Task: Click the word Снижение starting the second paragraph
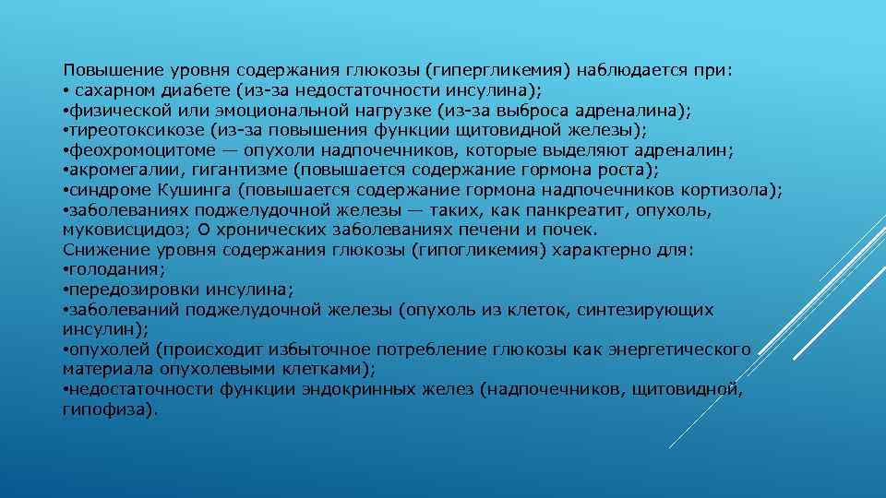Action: click(99, 250)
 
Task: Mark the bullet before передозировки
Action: click(66, 290)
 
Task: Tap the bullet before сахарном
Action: click(66, 90)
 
